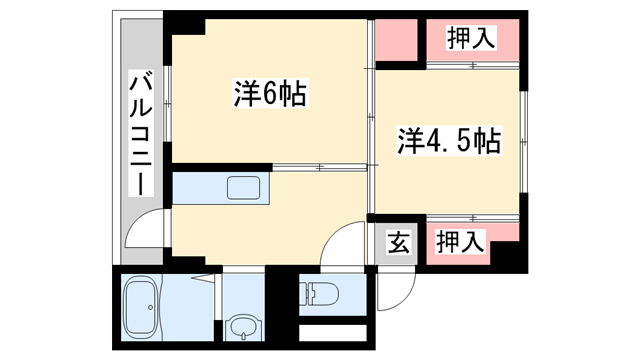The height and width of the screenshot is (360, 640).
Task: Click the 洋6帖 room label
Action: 270,96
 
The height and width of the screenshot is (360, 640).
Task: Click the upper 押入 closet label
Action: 469,39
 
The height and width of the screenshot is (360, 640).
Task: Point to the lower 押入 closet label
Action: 461,241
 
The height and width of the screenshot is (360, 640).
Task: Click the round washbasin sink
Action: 240,326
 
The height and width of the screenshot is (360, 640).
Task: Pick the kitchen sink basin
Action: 243,188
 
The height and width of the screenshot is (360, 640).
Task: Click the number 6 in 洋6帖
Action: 271,96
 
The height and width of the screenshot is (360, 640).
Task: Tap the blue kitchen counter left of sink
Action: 198,188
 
